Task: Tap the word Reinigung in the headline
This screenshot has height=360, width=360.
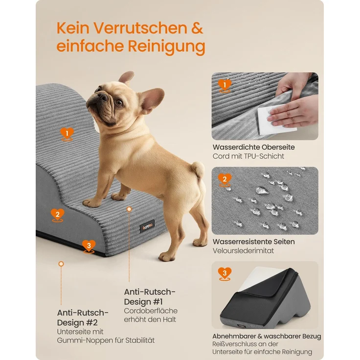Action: pos(166,47)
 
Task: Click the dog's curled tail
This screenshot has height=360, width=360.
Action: pos(198,169)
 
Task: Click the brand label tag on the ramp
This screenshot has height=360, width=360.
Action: pos(147,226)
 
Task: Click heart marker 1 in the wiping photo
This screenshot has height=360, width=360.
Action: pos(225,86)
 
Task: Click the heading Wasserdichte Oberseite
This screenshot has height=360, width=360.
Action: pos(254,147)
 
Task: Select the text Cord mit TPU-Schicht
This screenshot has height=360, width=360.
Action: pos(248,156)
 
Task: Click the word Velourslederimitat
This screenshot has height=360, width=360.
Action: pos(243,251)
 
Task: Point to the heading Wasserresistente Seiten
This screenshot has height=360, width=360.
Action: pos(254,242)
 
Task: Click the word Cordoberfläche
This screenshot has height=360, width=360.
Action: pos(151,311)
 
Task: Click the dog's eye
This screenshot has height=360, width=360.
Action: pos(119,102)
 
